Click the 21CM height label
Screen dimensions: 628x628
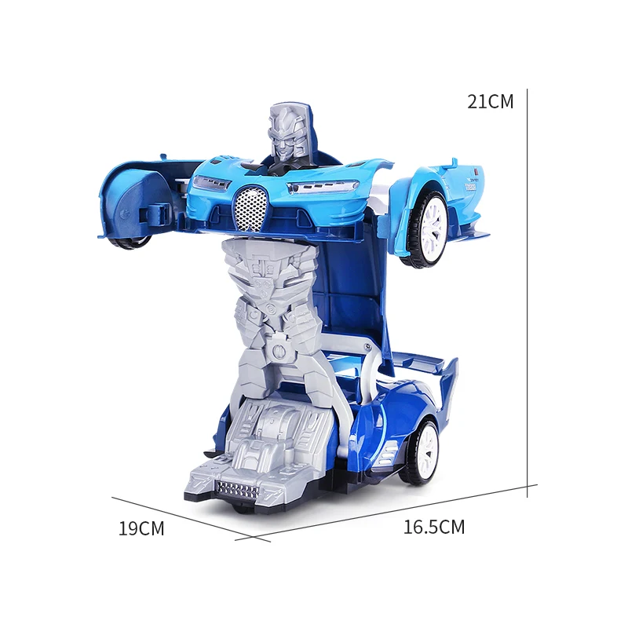[490, 101]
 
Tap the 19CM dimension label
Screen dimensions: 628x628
[141, 528]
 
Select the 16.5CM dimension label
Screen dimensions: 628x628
[433, 528]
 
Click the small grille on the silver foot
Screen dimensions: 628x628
[236, 490]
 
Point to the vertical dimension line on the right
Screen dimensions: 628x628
[527, 290]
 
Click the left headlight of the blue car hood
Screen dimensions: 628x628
[209, 184]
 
